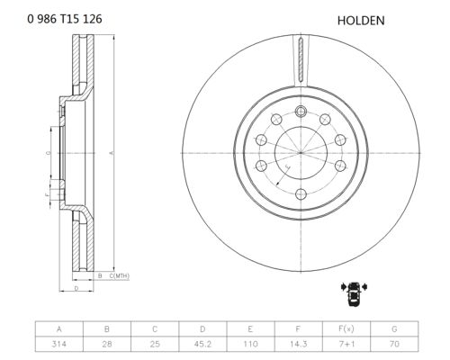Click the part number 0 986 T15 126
(x=65, y=19)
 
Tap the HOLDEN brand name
(x=361, y=21)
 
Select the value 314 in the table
(x=58, y=344)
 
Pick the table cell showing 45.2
(x=202, y=344)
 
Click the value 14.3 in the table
(x=298, y=344)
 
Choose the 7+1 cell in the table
(x=346, y=344)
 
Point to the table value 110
(x=250, y=344)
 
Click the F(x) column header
(x=346, y=329)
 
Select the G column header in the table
(x=394, y=329)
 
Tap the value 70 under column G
(x=394, y=344)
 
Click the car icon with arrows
(x=355, y=293)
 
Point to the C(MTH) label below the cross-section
(x=119, y=275)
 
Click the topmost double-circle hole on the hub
(x=301, y=112)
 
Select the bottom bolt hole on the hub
(x=301, y=194)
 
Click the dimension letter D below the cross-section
(x=76, y=289)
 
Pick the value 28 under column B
(x=107, y=344)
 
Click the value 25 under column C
(x=155, y=344)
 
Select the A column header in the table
(x=58, y=329)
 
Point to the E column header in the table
(x=250, y=329)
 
